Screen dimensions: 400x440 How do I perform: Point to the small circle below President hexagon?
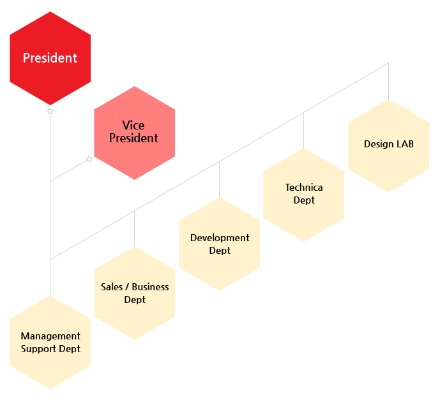point(50,111)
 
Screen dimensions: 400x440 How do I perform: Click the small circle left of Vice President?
point(89,159)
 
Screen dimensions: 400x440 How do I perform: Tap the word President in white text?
point(50,58)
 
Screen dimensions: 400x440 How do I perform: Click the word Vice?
point(133,126)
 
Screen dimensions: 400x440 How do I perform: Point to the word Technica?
point(304,188)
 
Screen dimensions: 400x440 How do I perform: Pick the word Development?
point(220,238)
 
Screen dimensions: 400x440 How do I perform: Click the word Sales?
point(112,287)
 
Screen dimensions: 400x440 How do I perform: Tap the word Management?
point(50,336)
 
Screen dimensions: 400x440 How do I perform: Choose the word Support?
point(38,349)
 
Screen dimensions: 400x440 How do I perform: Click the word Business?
point(150,287)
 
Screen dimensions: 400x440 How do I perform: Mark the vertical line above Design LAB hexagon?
point(388,82)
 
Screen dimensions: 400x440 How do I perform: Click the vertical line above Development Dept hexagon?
point(219,180)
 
